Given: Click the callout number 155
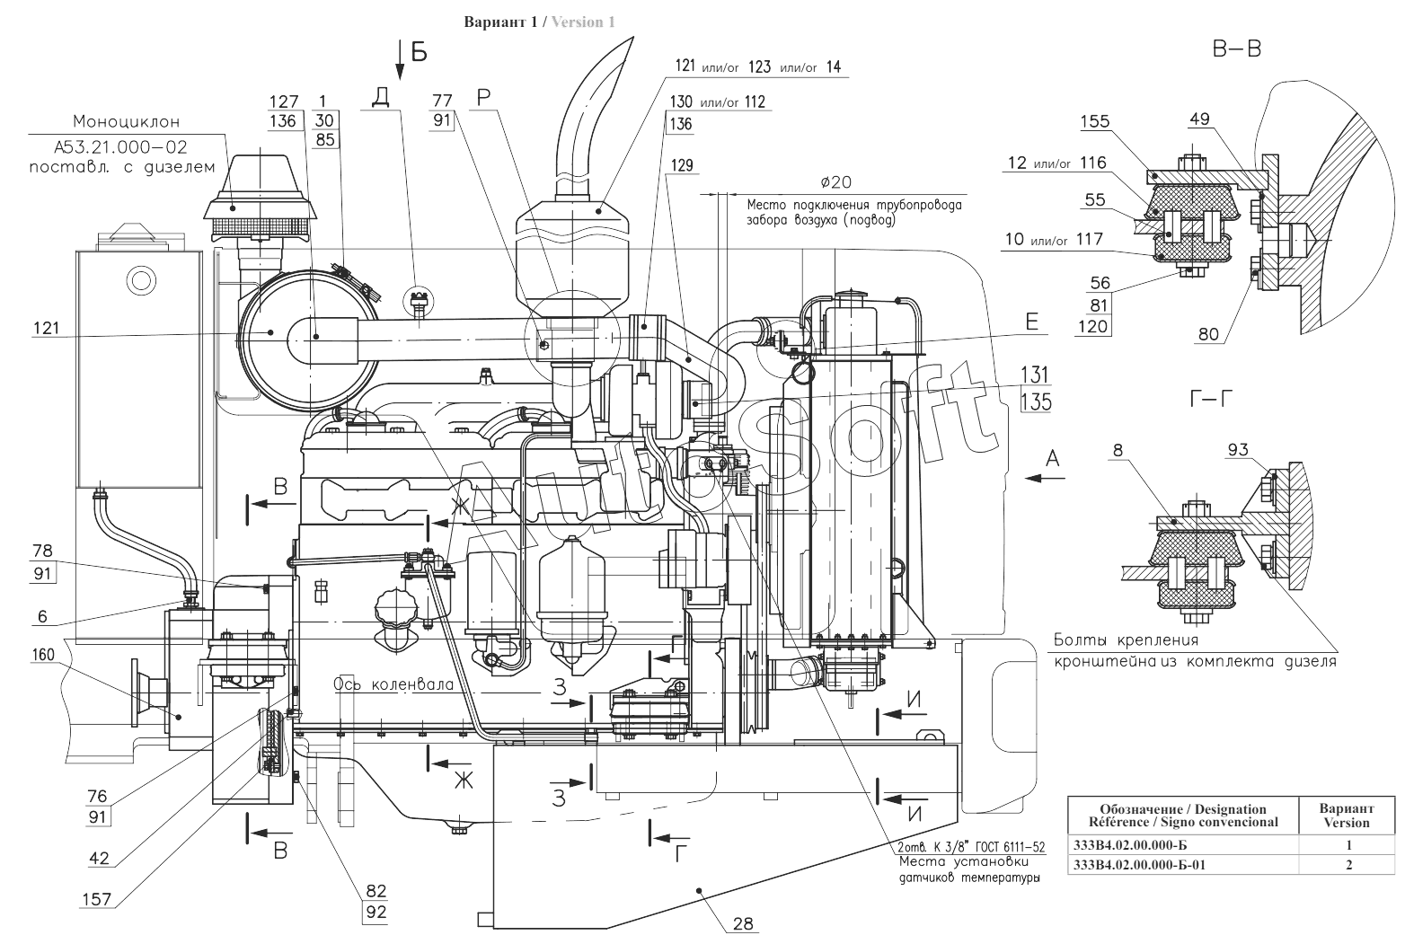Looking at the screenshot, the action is pos(1094,121).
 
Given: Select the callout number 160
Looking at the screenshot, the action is pos(43,655).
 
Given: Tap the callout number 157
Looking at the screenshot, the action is pos(97,899).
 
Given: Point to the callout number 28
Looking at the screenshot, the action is pos(743,923).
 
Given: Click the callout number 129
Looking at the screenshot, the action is pos(682,165).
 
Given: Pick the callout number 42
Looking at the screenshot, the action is pos(99,858).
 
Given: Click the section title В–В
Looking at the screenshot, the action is pos(1237,49).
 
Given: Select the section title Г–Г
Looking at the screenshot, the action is pos(1211,399).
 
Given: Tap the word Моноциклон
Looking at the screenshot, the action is pos(127,121).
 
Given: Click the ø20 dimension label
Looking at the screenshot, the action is pos(836,182).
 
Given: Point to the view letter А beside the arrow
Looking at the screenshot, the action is pos(1053,458).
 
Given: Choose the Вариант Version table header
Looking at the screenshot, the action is pos(1347,816).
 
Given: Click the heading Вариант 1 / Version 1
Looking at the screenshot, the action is pos(539,22).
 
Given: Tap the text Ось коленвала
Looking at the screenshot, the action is pos(393,684).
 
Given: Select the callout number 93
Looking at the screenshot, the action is pos(1238,450).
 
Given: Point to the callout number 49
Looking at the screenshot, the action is pos(1199,119).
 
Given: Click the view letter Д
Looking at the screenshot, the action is pos(380,97).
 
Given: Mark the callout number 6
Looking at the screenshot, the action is pos(42,616).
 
